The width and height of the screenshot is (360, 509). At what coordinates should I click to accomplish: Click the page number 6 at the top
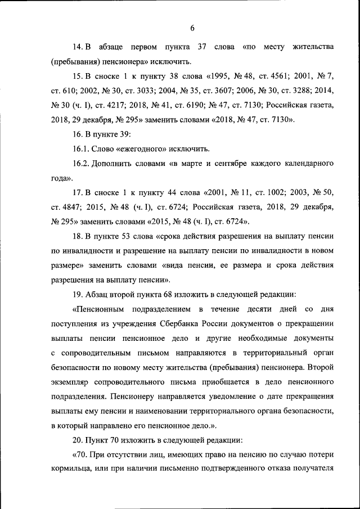point(192,28)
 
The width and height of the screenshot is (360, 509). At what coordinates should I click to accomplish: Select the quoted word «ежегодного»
point(125,149)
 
